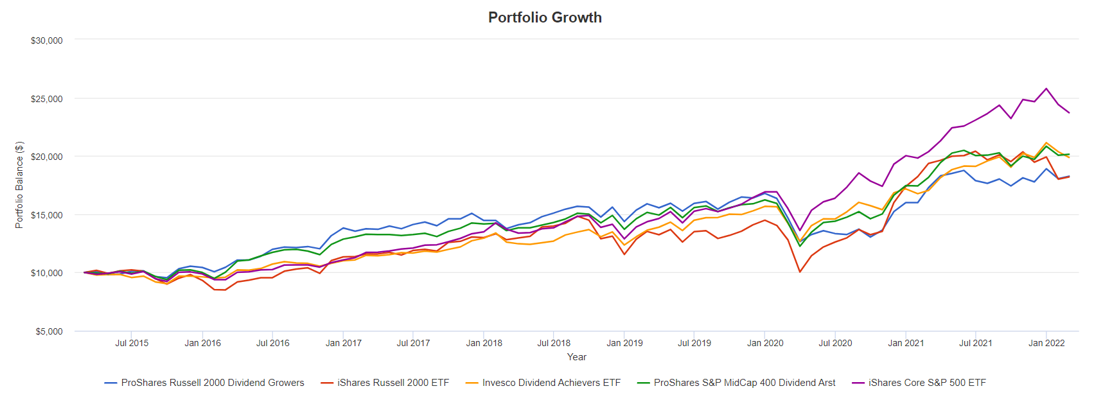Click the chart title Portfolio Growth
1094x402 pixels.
(x=545, y=17)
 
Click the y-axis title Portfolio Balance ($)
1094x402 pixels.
(x=19, y=185)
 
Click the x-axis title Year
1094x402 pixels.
(x=576, y=357)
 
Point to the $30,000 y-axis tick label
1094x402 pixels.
(x=47, y=40)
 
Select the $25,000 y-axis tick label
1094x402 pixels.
(x=47, y=99)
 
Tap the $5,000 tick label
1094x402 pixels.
(x=49, y=331)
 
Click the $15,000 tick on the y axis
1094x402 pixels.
(x=47, y=215)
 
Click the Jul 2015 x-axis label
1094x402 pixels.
(x=132, y=343)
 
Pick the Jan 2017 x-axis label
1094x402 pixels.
(x=343, y=343)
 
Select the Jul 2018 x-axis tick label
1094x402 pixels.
(x=554, y=343)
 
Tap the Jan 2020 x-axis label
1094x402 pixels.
(x=765, y=343)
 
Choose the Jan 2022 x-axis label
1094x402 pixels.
(x=1046, y=343)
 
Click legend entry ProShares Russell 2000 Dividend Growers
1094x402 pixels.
(x=213, y=383)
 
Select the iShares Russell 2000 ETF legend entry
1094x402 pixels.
(x=393, y=383)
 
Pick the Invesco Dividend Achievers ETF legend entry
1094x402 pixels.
(x=551, y=383)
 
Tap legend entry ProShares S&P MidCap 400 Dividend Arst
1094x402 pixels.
(x=745, y=383)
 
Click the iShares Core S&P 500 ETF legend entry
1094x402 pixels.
(x=927, y=383)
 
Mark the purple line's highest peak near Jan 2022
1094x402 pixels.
(x=1046, y=89)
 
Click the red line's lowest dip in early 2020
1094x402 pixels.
(x=800, y=272)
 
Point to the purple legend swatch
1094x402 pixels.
(x=858, y=383)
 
